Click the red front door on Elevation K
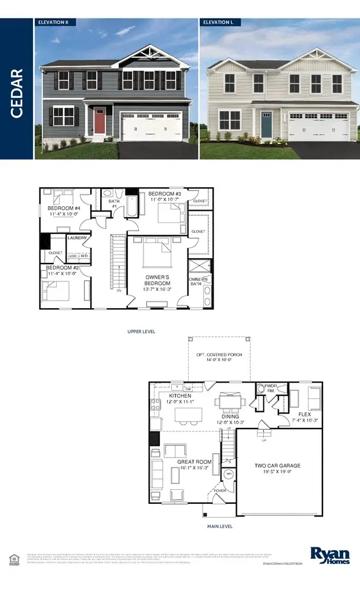coord(100,120)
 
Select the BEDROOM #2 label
coord(62,268)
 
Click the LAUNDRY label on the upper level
coord(77,237)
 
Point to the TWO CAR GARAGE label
coord(278,465)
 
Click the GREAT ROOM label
coord(194,462)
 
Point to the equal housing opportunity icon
coord(14,558)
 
